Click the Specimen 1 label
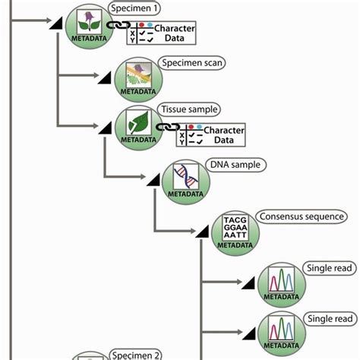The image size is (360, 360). pos(135,9)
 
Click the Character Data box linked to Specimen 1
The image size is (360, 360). pos(162,33)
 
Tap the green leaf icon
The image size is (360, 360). pos(138,122)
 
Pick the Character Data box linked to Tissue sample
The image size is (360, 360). pos(211,135)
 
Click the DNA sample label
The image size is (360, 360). pos(234,165)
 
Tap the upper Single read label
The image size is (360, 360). pos(330,268)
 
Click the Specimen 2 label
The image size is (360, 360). pos(135,355)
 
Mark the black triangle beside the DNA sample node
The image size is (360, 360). pos(153,178)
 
